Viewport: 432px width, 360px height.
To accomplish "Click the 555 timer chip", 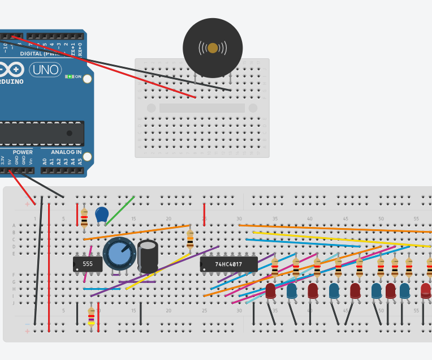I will pyautogui.click(x=88, y=264).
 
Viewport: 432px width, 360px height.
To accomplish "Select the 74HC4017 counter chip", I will pyautogui.click(x=228, y=264).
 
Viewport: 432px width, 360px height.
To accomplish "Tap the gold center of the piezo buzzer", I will pyautogui.click(x=213, y=48).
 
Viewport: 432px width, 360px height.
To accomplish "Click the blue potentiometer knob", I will pyautogui.click(x=119, y=254).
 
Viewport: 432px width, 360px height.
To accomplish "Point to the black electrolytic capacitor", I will pyautogui.click(x=148, y=257).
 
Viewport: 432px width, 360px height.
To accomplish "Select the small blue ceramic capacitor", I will pyautogui.click(x=102, y=215).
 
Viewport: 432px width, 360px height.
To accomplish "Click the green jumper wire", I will pyautogui.click(x=120, y=210).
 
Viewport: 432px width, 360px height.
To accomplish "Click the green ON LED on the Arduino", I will pyautogui.click(x=70, y=76).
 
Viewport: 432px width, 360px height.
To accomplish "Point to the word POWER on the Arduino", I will pyautogui.click(x=23, y=152).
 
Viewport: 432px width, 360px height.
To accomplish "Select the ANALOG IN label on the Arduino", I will pyautogui.click(x=66, y=152).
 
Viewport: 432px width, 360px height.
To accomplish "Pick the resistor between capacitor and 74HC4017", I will pyautogui.click(x=190, y=238).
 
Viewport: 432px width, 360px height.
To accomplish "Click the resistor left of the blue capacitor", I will pyautogui.click(x=84, y=218).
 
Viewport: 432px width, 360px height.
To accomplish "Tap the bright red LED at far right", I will pyautogui.click(x=426, y=291).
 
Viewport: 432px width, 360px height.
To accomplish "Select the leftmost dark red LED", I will pyautogui.click(x=271, y=291).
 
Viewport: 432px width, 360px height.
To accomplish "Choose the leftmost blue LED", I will pyautogui.click(x=292, y=291).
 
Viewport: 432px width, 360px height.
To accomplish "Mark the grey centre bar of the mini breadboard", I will pyautogui.click(x=202, y=108).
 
